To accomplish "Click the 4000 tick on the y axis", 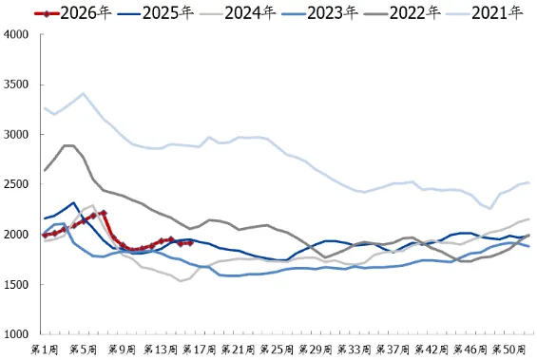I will (x=16, y=34).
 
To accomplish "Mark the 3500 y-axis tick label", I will (x=16, y=85).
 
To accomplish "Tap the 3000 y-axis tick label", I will (x=16, y=135).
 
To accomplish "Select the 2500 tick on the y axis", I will (x=16, y=184).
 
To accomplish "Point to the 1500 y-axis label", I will (x=16, y=285).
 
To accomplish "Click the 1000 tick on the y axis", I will (x=16, y=334).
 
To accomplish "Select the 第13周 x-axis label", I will (x=162, y=350).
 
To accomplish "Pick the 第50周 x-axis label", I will (x=509, y=350).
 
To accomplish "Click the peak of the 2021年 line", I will (x=84, y=93).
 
